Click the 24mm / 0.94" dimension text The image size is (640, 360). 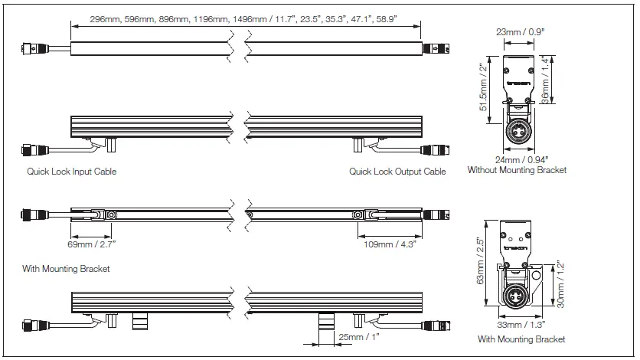518,159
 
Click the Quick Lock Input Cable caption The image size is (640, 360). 72,172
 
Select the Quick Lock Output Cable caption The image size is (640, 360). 397,172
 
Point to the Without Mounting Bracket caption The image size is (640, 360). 518,171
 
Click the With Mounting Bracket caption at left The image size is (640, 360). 66,269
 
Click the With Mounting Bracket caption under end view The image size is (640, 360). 521,339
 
